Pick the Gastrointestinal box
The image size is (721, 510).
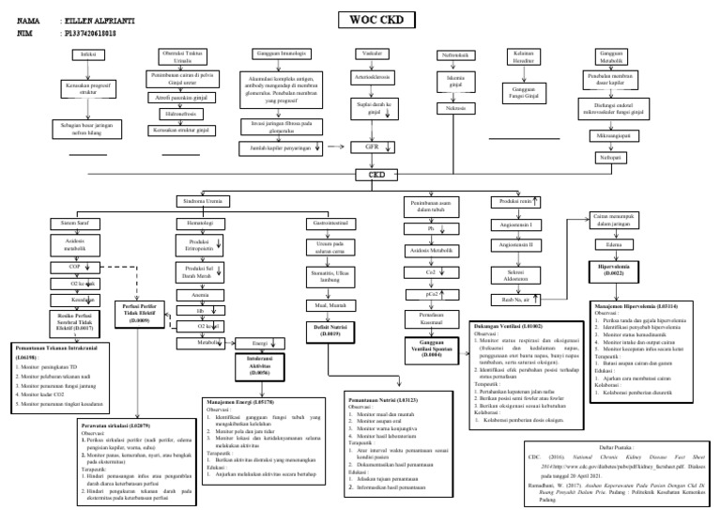pyautogui.click(x=328, y=224)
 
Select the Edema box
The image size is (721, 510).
pyautogui.click(x=616, y=245)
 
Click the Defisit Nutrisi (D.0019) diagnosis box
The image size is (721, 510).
pyautogui.click(x=329, y=330)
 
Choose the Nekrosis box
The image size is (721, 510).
pyautogui.click(x=456, y=109)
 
